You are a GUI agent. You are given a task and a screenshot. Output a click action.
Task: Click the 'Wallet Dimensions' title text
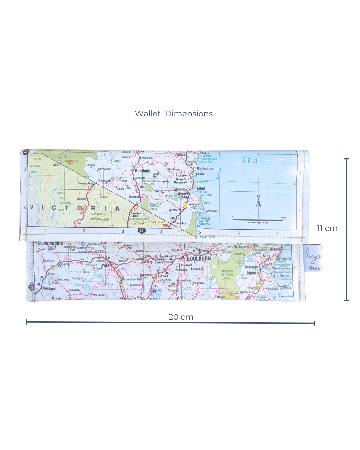(174, 114)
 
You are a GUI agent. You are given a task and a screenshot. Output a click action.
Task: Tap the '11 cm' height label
(327, 228)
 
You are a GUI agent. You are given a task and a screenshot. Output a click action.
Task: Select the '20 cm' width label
(181, 317)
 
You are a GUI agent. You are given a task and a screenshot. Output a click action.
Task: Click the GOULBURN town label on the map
(199, 259)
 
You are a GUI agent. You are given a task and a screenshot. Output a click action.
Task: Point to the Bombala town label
(143, 171)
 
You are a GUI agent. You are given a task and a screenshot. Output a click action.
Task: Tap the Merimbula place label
(205, 169)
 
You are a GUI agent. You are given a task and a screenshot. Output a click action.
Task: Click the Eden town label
(201, 188)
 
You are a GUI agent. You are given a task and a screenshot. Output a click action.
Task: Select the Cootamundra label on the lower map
(50, 243)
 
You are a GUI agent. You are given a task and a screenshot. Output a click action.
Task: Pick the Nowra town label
(253, 273)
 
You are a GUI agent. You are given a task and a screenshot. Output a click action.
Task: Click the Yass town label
(106, 265)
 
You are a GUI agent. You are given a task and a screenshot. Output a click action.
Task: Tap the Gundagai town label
(50, 288)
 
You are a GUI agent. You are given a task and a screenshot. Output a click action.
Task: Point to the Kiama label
(275, 249)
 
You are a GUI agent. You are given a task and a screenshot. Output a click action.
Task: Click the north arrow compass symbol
(258, 201)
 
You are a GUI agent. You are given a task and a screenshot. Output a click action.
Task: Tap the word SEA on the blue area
(250, 161)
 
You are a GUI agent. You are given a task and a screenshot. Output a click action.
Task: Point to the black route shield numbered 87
(142, 231)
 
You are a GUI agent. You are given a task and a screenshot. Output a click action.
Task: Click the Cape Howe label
(207, 236)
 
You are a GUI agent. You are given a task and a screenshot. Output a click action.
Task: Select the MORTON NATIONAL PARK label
(227, 275)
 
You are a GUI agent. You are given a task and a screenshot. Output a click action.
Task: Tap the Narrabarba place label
(175, 210)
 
